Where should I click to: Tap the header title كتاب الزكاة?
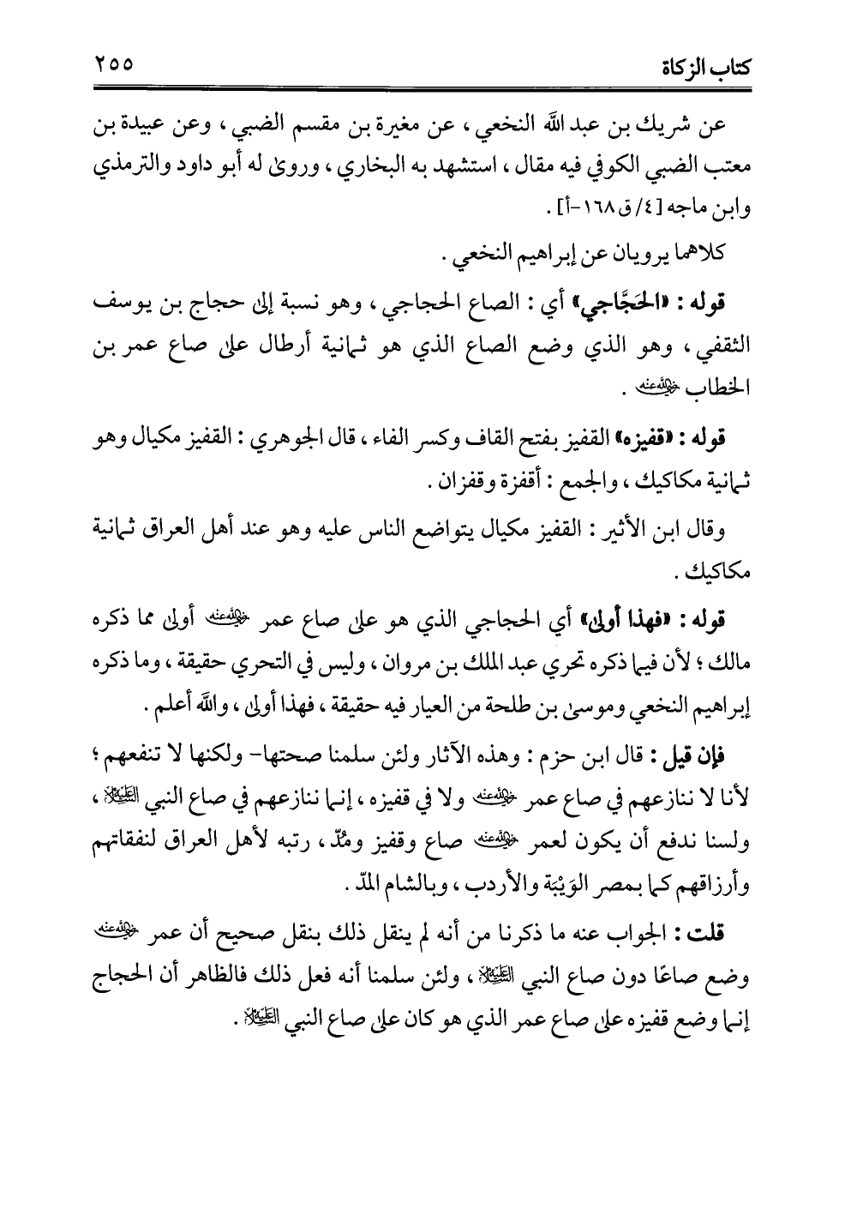[x=708, y=66]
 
